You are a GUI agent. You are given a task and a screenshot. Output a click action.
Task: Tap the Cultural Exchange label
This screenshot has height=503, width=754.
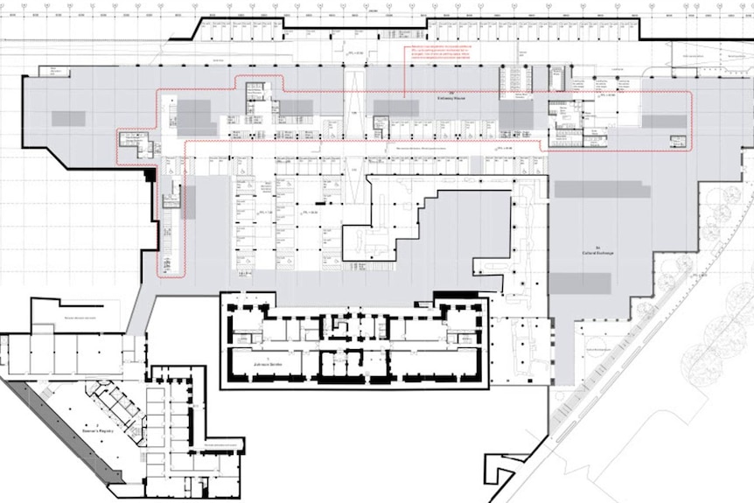pos(599,253)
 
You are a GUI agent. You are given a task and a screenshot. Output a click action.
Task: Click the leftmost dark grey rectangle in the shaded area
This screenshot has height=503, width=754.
pos(68,118)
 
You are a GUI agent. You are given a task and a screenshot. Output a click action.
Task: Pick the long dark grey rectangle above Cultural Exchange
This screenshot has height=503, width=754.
pos(602,189)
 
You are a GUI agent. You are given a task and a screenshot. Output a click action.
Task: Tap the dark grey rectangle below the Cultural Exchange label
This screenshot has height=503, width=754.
pos(580,283)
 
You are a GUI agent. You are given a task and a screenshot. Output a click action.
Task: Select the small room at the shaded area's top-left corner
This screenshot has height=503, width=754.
pos(59,71)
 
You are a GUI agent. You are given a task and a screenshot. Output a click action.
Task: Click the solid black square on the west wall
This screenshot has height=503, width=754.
pos(150,175)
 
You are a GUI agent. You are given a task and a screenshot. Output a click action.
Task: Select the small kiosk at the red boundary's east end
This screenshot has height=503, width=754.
pos(678,141)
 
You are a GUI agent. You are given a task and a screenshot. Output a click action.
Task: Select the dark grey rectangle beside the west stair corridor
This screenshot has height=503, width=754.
pos(189,202)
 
